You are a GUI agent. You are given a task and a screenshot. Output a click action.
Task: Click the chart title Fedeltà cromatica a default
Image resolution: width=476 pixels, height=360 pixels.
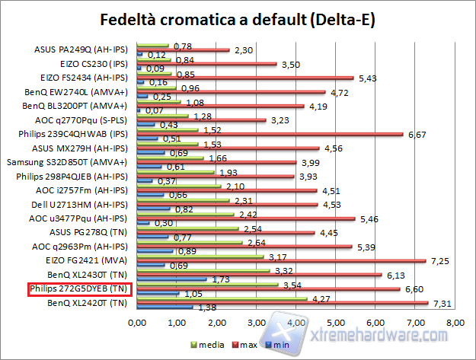pos(238,18)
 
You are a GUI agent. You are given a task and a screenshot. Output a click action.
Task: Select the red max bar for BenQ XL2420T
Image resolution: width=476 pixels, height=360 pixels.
pos(282,303)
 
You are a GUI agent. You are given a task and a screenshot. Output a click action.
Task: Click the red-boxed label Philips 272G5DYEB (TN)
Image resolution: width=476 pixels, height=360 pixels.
pos(80,289)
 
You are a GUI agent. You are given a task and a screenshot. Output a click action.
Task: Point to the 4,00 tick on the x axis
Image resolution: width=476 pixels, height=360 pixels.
pos(296,323)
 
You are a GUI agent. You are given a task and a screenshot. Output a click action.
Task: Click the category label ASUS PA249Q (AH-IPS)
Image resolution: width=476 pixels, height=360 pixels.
pos(81,49)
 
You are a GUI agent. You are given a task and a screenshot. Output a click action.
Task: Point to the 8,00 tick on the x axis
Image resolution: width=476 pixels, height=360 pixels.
pos(455,323)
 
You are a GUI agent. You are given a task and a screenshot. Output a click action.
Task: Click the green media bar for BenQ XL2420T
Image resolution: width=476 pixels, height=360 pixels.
pos(222,298)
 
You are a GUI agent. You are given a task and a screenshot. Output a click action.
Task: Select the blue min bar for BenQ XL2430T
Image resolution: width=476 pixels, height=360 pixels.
pos(171,279)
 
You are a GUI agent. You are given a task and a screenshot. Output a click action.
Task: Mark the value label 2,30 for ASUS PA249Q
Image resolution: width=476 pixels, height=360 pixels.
pos(244,50)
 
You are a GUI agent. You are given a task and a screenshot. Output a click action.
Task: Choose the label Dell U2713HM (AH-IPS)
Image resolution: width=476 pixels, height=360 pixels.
pos(85,204)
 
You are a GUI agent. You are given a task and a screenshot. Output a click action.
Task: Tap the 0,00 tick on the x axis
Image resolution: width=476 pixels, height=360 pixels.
pos(137,323)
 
